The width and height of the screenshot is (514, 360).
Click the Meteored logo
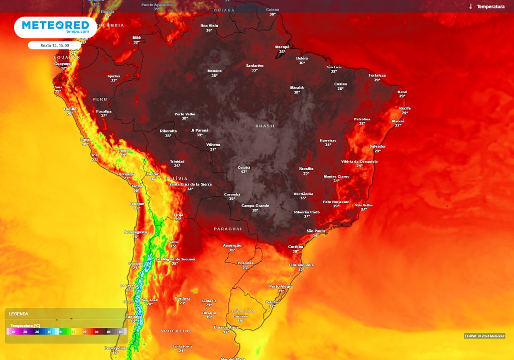(x=55, y=27)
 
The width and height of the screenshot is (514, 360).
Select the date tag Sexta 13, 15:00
(x=55, y=45)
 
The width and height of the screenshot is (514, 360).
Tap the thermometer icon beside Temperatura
(x=471, y=7)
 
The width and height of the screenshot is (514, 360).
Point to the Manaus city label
(x=214, y=71)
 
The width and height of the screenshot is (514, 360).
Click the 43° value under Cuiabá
(x=244, y=172)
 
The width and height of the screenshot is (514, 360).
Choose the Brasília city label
(x=306, y=169)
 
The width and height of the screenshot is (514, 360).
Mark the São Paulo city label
(x=316, y=231)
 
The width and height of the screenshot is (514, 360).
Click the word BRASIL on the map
(x=266, y=126)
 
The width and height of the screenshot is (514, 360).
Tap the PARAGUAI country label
(x=228, y=228)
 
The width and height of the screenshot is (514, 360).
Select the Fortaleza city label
(x=377, y=75)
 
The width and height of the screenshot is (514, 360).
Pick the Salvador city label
(x=377, y=146)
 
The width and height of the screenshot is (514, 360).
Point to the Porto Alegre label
(x=281, y=286)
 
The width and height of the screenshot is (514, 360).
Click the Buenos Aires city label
(x=226, y=327)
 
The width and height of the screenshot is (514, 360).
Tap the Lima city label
(x=85, y=139)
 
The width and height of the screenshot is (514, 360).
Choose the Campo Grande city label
(x=255, y=205)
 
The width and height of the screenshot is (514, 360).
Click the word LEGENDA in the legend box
(x=19, y=314)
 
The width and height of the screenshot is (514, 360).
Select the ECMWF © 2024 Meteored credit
(x=484, y=336)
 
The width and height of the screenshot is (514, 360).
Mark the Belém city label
(x=302, y=58)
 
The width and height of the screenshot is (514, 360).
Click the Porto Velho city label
(x=185, y=114)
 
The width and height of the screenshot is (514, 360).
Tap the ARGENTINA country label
(x=176, y=331)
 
